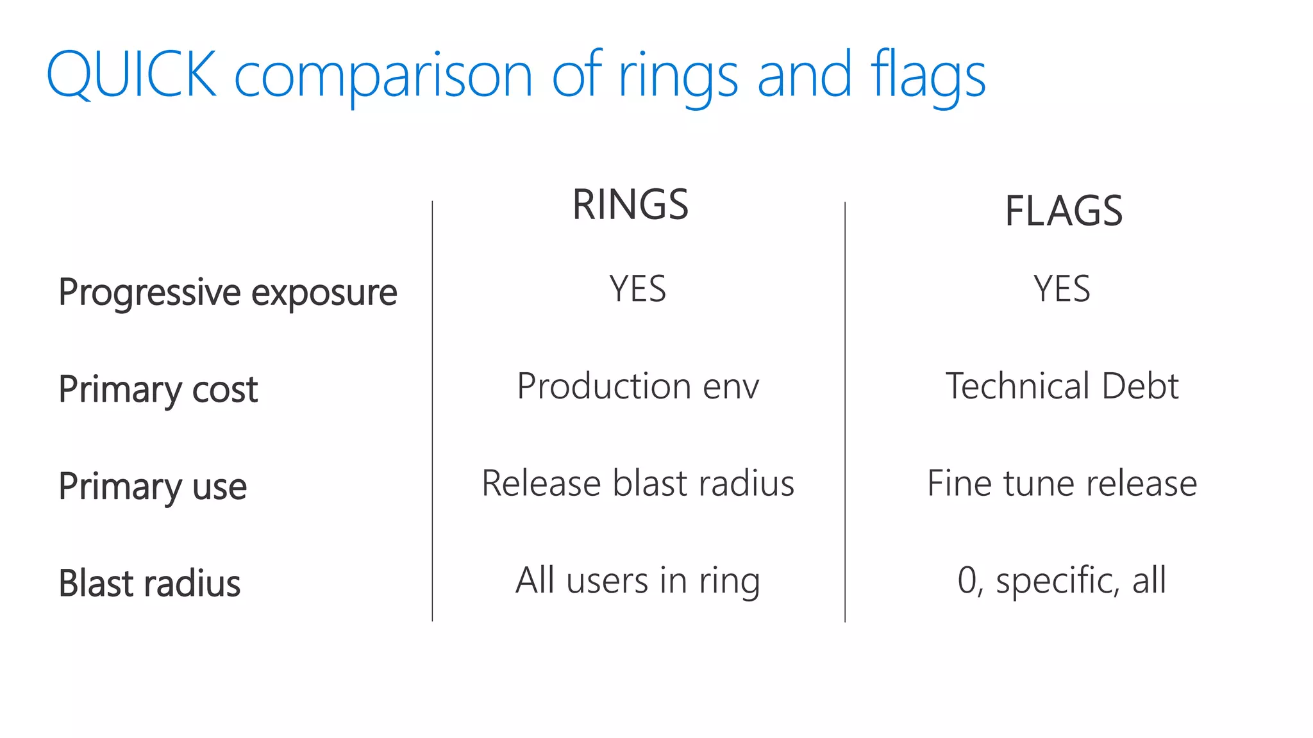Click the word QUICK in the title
click(131, 75)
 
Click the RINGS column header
click(630, 205)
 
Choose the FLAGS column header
click(1063, 211)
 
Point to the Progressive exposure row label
click(228, 292)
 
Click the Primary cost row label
click(158, 389)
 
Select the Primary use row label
click(153, 486)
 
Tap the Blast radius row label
click(149, 584)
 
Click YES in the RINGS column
click(637, 289)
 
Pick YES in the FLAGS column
click(1062, 289)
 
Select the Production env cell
click(638, 386)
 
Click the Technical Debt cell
click(1062, 386)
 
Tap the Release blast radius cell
click(638, 483)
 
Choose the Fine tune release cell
click(1062, 483)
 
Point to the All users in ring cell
click(638, 580)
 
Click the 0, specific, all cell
click(1062, 580)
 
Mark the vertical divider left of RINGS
click(432, 410)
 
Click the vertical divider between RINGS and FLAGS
click(845, 410)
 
